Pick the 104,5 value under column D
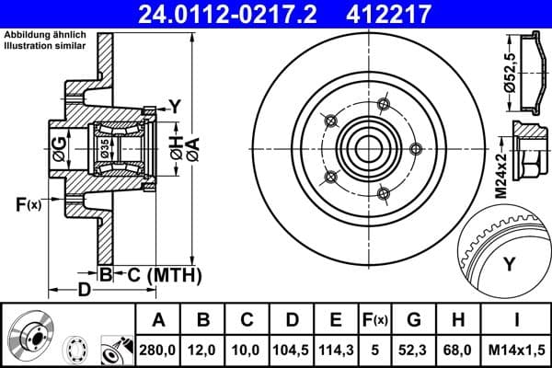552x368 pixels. [293, 348]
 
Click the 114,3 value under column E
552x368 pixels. [336, 348]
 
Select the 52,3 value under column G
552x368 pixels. [414, 348]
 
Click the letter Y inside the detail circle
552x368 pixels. [508, 265]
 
